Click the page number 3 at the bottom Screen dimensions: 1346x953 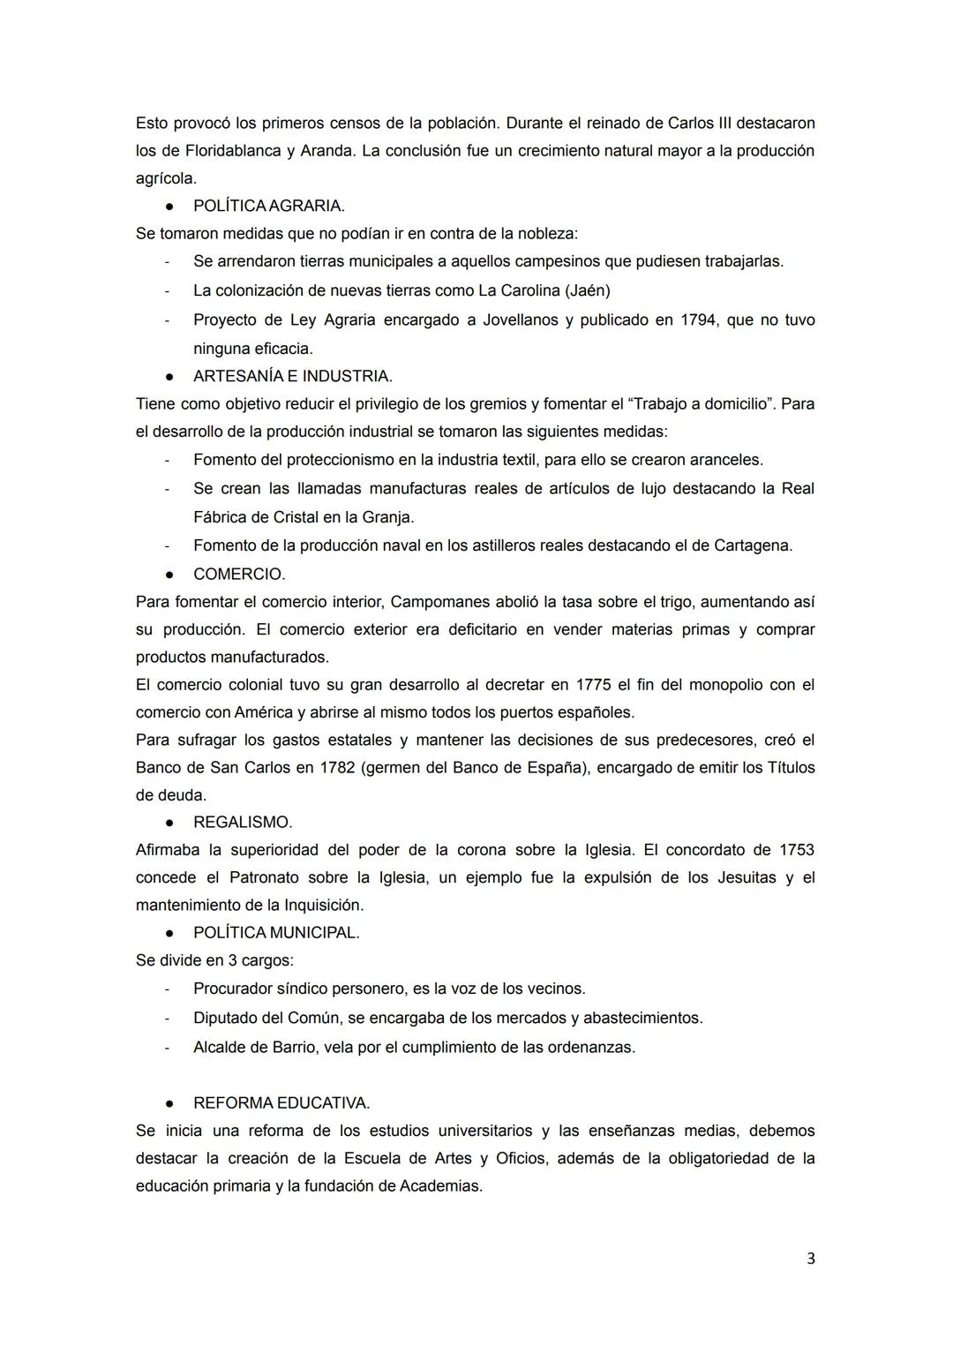pos(810,1259)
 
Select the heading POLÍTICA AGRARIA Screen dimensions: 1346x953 pos(268,206)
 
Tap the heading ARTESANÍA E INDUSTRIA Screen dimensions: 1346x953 pos(292,376)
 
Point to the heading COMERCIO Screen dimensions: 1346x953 pos(239,574)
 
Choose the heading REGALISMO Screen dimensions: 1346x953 pos(243,822)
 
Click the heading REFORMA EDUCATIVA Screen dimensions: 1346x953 pos(281,1102)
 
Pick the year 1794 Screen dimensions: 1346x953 pos(698,320)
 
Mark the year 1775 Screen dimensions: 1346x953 pos(593,684)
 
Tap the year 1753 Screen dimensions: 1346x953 pos(796,849)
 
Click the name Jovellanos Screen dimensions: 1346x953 pos(521,320)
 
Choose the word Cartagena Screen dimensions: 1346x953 pos(752,545)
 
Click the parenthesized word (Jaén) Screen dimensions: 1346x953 pos(587,290)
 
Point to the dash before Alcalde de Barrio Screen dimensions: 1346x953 pos(166,1048)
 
